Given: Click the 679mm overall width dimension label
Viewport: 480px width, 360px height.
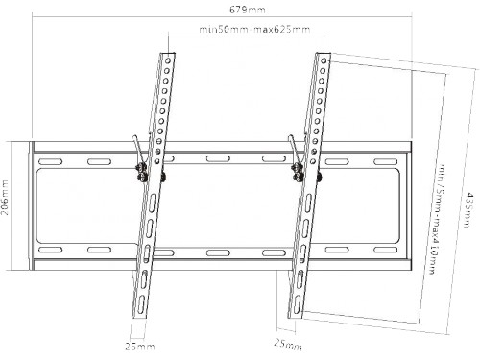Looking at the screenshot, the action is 248,10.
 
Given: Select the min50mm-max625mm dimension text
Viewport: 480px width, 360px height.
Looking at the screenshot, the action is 254,30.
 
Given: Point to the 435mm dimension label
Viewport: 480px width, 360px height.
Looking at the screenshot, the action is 468,209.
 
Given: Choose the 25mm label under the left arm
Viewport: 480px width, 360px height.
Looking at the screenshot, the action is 140,347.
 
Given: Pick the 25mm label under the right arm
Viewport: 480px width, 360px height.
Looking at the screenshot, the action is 288,344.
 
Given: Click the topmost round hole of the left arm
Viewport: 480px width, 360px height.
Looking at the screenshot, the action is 168,60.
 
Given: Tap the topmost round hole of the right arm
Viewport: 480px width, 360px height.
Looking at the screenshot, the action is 324,60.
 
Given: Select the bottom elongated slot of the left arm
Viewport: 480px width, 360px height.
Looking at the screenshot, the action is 141,304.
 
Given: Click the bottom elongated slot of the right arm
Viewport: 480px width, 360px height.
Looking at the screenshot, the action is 298,304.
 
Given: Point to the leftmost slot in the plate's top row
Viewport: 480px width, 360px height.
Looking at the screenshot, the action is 50,161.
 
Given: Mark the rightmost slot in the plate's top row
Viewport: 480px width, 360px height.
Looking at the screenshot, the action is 386,161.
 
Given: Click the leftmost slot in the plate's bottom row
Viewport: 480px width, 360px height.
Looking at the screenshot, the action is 50,250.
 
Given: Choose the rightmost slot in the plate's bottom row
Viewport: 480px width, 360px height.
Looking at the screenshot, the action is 386,250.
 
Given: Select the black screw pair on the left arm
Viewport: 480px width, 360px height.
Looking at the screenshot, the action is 142,173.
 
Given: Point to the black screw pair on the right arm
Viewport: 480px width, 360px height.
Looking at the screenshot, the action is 298,173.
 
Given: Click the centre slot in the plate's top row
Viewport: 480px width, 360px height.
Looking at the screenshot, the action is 218,158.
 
